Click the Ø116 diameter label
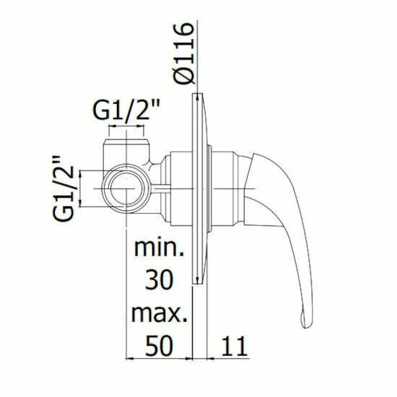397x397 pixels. [184, 53]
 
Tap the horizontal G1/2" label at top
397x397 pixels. [126, 110]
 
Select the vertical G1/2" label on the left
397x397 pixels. [64, 188]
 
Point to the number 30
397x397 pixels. [160, 280]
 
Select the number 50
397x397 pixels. [160, 345]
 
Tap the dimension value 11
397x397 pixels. [234, 346]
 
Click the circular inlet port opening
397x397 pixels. [124, 188]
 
